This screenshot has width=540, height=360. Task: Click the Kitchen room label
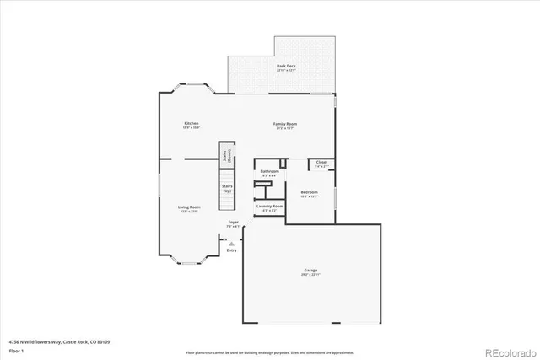coord(192,124)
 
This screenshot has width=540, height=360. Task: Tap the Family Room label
coord(285,124)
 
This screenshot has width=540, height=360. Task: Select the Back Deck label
coord(286,66)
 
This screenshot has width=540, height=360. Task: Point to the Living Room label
coord(188,207)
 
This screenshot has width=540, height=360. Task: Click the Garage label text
coord(311,270)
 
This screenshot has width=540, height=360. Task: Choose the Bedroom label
coord(310,192)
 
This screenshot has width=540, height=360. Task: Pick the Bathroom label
coord(269,171)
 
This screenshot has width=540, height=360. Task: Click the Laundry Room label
coord(269,206)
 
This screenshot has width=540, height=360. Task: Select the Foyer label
coord(232,223)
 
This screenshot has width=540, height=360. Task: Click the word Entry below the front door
coord(231,250)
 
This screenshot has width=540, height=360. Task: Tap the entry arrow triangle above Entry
coord(231,244)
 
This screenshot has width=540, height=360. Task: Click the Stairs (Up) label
coord(227,188)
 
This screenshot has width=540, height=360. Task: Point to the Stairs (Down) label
coord(226,154)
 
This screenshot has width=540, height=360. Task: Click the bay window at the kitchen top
coord(192,88)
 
